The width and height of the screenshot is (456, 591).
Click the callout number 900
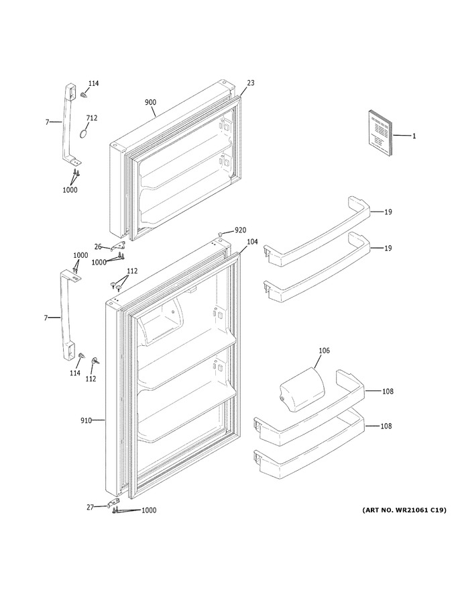coord(150,102)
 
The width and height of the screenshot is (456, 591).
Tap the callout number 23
coord(251,83)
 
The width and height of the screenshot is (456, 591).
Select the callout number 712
coord(91,118)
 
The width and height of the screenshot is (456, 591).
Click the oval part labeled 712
coord(84,134)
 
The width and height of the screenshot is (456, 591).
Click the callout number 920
coord(241,230)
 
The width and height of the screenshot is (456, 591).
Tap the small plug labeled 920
coord(221,235)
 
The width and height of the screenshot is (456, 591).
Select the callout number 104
coord(252,242)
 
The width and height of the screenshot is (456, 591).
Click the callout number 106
coord(324,351)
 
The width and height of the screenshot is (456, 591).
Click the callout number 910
coord(86,420)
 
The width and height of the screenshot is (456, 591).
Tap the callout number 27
coord(90,507)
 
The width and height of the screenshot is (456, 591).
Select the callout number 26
coord(98,247)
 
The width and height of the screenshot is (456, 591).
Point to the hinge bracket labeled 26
coord(118,245)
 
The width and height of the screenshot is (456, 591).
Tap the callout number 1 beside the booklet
coord(414,136)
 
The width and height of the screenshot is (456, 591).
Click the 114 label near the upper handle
coord(94,83)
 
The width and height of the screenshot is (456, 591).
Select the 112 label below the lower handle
coord(91,379)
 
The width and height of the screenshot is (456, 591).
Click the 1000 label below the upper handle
coord(70,190)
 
